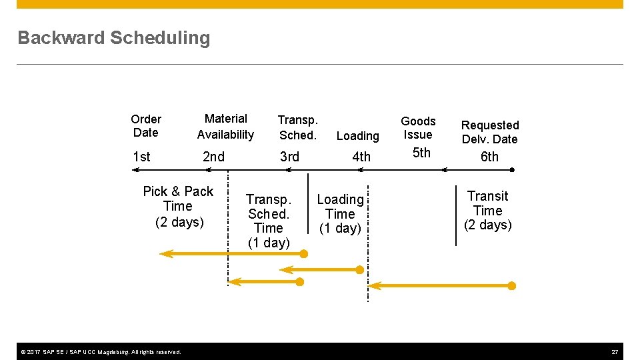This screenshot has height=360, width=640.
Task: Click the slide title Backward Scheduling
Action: click(x=113, y=38)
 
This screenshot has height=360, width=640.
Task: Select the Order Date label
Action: click(x=146, y=126)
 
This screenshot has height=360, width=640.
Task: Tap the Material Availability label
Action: click(x=225, y=127)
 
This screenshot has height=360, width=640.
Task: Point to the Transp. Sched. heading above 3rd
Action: click(x=297, y=127)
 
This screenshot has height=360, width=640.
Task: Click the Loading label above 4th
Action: click(x=357, y=136)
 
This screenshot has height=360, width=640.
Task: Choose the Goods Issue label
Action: click(x=418, y=128)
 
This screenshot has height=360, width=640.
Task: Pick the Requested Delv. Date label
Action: click(x=490, y=132)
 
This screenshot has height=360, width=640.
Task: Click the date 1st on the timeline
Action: click(x=141, y=157)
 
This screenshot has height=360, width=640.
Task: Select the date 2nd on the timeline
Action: click(x=213, y=157)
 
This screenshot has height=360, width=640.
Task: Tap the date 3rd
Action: click(x=289, y=157)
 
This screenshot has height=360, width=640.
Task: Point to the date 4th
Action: click(x=361, y=157)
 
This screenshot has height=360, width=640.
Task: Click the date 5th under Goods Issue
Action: click(x=421, y=153)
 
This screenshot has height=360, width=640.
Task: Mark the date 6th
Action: click(x=489, y=157)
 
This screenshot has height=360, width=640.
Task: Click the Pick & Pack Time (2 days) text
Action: click(x=178, y=207)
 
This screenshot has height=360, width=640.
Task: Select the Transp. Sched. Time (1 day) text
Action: click(x=269, y=221)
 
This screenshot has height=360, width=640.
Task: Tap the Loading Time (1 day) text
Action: click(x=340, y=214)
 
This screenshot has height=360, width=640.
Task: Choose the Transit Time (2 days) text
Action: click(x=487, y=211)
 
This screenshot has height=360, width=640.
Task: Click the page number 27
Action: click(x=615, y=352)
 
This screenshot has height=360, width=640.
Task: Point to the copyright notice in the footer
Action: click(x=99, y=352)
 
